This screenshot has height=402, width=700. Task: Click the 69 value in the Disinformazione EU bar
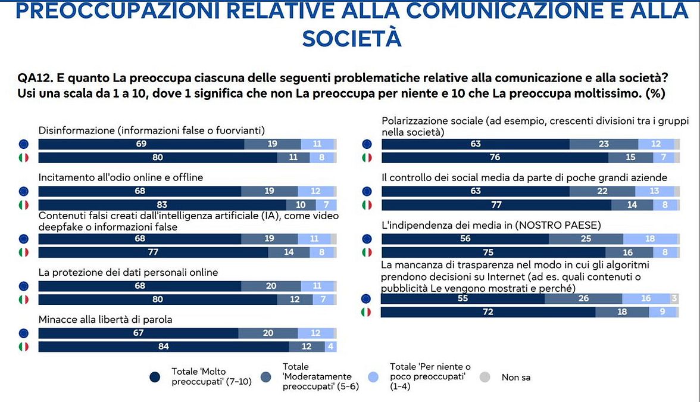point(141,144)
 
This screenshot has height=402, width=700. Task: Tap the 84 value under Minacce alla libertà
point(163,347)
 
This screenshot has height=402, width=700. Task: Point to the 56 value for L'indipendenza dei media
point(465,239)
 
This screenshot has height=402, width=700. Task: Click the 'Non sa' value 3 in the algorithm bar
point(674,298)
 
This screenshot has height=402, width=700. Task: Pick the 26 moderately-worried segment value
point(583,298)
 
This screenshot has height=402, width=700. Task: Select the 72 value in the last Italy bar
point(487,312)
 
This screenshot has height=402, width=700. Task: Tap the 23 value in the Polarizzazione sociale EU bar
point(604,144)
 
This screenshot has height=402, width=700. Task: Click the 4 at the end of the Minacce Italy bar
point(329,347)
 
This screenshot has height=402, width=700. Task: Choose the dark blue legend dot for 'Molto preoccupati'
point(155,376)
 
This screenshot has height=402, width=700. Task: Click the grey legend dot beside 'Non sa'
point(485,376)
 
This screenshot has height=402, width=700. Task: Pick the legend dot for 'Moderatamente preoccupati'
point(266,376)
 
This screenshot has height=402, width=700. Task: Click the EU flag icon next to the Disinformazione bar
point(23,144)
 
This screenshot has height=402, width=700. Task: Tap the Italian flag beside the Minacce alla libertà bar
point(23,347)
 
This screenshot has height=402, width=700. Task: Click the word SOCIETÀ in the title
point(351,38)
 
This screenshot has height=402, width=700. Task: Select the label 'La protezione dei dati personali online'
point(128,272)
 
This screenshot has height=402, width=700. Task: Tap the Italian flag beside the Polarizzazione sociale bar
point(367,158)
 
